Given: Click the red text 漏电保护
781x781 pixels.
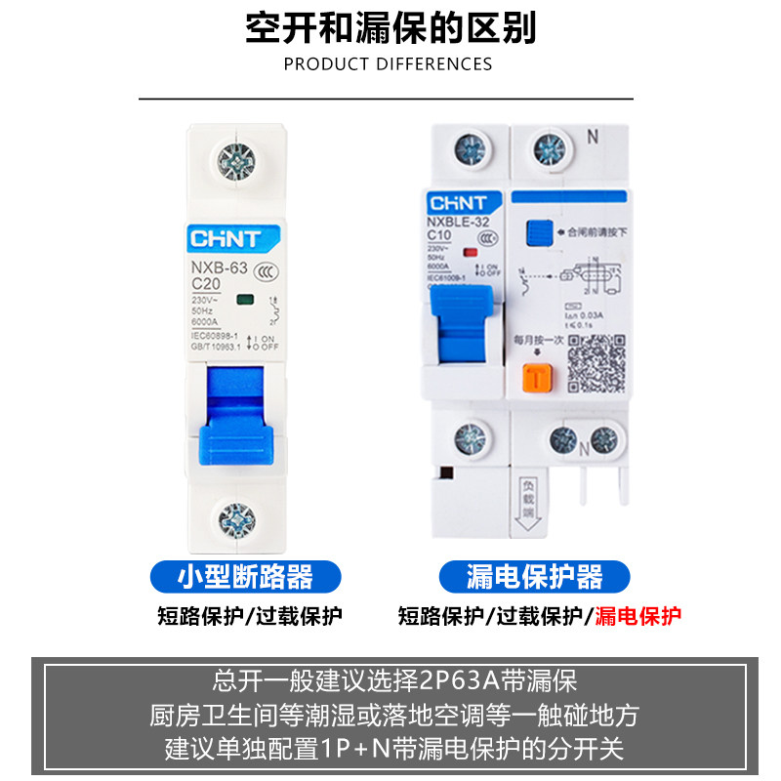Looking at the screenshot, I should (638, 615).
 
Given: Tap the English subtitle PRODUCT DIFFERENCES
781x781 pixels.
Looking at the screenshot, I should (388, 64).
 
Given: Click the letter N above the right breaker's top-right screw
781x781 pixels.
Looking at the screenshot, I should (592, 138).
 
